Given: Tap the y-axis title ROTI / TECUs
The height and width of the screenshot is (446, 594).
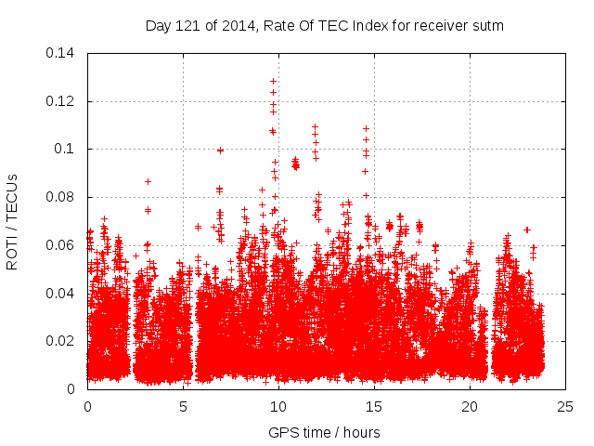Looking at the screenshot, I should point(13,221).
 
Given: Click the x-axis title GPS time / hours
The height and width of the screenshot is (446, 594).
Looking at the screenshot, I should point(324,432).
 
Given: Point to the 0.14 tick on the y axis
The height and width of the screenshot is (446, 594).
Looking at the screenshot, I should point(64,53).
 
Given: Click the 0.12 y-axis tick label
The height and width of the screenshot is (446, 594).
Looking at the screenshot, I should point(64,100).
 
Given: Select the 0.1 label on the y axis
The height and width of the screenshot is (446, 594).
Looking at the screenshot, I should point(69,149).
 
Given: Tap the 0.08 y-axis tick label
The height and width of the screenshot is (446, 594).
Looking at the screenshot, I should point(64,197).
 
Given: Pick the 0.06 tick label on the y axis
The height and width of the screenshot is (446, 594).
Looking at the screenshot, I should point(64,245).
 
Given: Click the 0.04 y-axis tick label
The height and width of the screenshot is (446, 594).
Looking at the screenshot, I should point(64,293).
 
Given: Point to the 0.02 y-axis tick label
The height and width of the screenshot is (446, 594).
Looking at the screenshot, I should point(64,341).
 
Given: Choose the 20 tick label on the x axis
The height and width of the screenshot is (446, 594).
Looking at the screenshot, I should point(470,406).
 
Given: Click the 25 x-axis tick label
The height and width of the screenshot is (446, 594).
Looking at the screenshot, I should point(565,406).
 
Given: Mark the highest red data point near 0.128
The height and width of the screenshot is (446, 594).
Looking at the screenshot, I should point(273,82).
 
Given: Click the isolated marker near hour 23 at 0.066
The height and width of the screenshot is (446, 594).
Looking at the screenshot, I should point(527,230).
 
